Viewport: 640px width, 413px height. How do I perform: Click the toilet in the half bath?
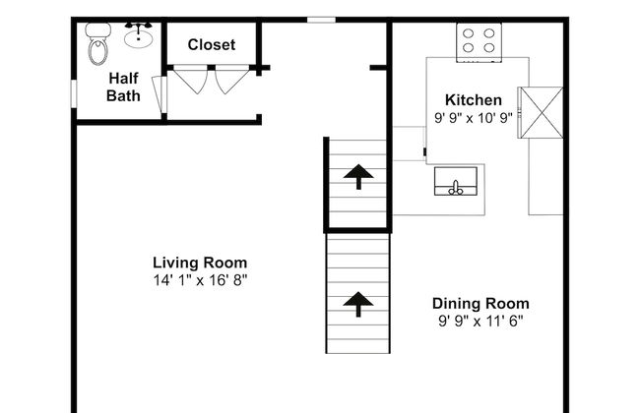[97, 43]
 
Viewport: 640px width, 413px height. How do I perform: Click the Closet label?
[212, 44]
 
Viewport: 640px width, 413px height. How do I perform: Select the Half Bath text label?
[123, 87]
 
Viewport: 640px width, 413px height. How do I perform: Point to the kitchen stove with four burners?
[479, 42]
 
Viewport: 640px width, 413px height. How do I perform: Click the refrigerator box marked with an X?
[541, 112]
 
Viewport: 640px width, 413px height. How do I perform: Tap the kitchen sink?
[456, 181]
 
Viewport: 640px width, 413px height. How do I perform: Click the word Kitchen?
[474, 100]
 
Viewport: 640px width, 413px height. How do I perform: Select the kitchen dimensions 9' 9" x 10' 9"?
[474, 118]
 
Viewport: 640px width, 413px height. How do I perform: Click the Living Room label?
[200, 263]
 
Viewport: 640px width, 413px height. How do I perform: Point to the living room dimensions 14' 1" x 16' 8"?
[201, 280]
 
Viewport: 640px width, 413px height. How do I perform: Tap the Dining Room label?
[480, 304]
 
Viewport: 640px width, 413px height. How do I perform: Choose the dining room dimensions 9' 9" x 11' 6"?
[480, 322]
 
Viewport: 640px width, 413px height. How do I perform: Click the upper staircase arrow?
[358, 177]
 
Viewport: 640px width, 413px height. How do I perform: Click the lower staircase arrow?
[358, 304]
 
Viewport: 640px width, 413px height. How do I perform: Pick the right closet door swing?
[231, 81]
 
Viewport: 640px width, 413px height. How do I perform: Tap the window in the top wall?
[321, 20]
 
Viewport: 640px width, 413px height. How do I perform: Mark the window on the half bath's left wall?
[74, 93]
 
